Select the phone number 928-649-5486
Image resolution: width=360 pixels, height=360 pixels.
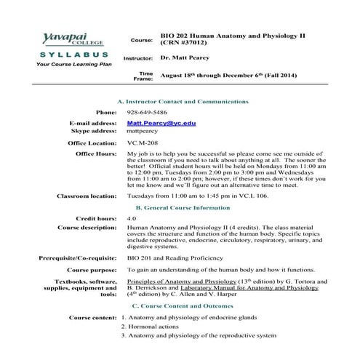[146, 113]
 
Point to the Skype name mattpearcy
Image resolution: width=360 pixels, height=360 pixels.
[143, 132]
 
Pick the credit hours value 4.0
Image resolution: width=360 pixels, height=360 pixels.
[132, 218]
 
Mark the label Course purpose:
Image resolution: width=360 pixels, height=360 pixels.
[91, 269]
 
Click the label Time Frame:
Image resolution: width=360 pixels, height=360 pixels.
[145, 76]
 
